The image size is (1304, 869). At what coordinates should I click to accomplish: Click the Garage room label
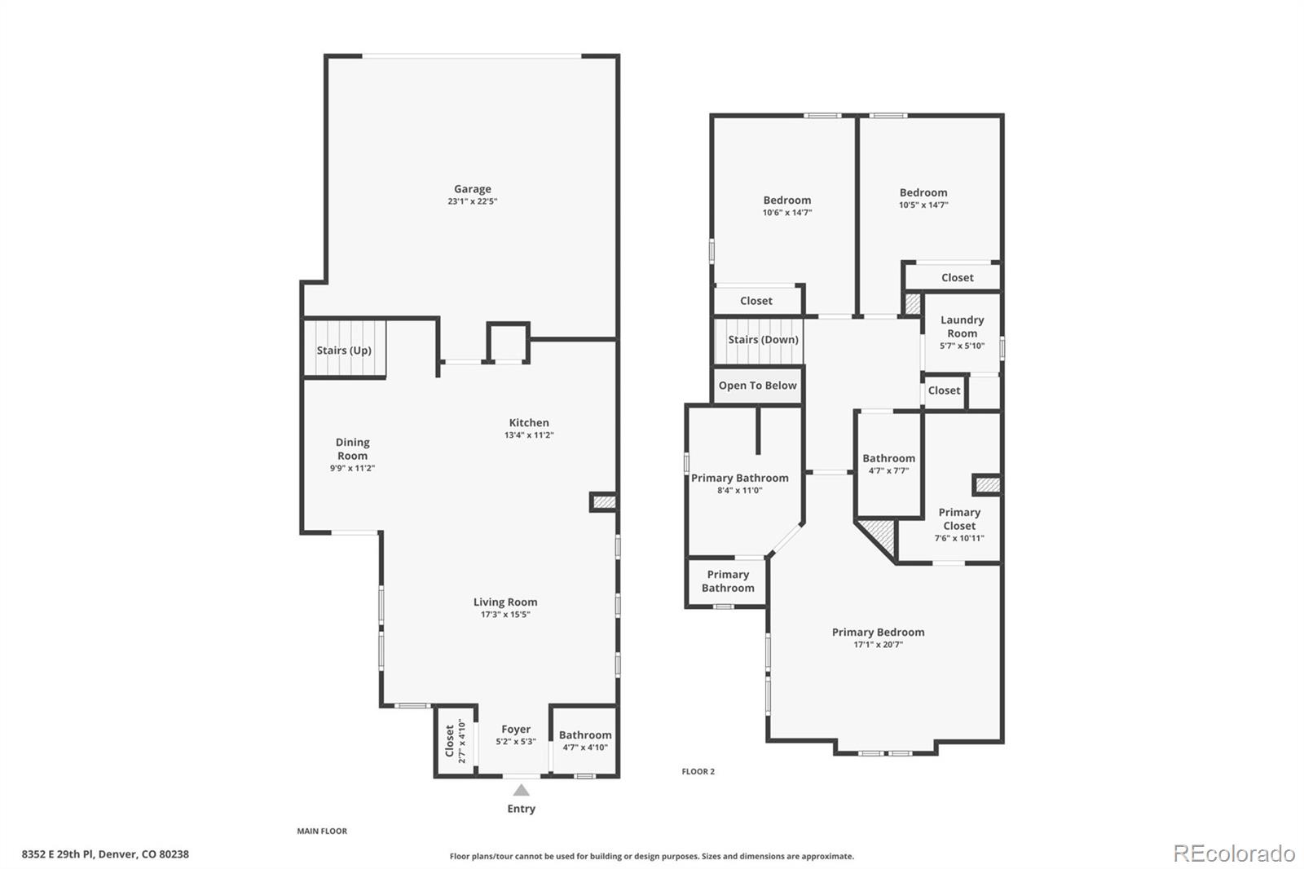pyautogui.click(x=473, y=189)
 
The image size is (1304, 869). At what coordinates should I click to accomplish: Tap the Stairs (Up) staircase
pyautogui.click(x=344, y=350)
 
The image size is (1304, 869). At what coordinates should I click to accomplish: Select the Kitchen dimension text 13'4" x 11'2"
pyautogui.click(x=529, y=435)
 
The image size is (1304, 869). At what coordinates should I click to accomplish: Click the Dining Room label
pyautogui.click(x=352, y=448)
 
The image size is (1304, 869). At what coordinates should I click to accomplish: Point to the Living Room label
pyautogui.click(x=505, y=602)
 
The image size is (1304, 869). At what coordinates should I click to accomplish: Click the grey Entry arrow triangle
pyautogui.click(x=522, y=790)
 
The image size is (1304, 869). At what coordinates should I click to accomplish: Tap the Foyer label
pyautogui.click(x=516, y=730)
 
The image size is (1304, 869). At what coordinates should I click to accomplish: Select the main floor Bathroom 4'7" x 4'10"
pyautogui.click(x=585, y=740)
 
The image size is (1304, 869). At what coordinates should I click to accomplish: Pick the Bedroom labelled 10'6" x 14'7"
pyautogui.click(x=787, y=205)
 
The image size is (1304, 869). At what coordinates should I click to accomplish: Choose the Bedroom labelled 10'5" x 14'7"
pyautogui.click(x=923, y=198)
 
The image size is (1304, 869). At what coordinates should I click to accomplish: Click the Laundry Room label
pyautogui.click(x=962, y=326)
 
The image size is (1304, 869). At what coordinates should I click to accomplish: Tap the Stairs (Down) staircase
pyautogui.click(x=763, y=340)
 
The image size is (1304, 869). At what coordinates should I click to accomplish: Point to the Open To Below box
pyautogui.click(x=757, y=386)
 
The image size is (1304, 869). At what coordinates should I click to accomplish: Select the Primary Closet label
pyautogui.click(x=959, y=519)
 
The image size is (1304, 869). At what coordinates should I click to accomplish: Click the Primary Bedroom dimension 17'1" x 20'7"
pyautogui.click(x=878, y=645)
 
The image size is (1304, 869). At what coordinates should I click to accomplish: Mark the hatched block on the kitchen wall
pyautogui.click(x=604, y=502)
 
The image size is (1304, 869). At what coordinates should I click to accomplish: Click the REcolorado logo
pyautogui.click(x=1233, y=853)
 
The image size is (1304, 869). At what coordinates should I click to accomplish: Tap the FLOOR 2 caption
pyautogui.click(x=698, y=771)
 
